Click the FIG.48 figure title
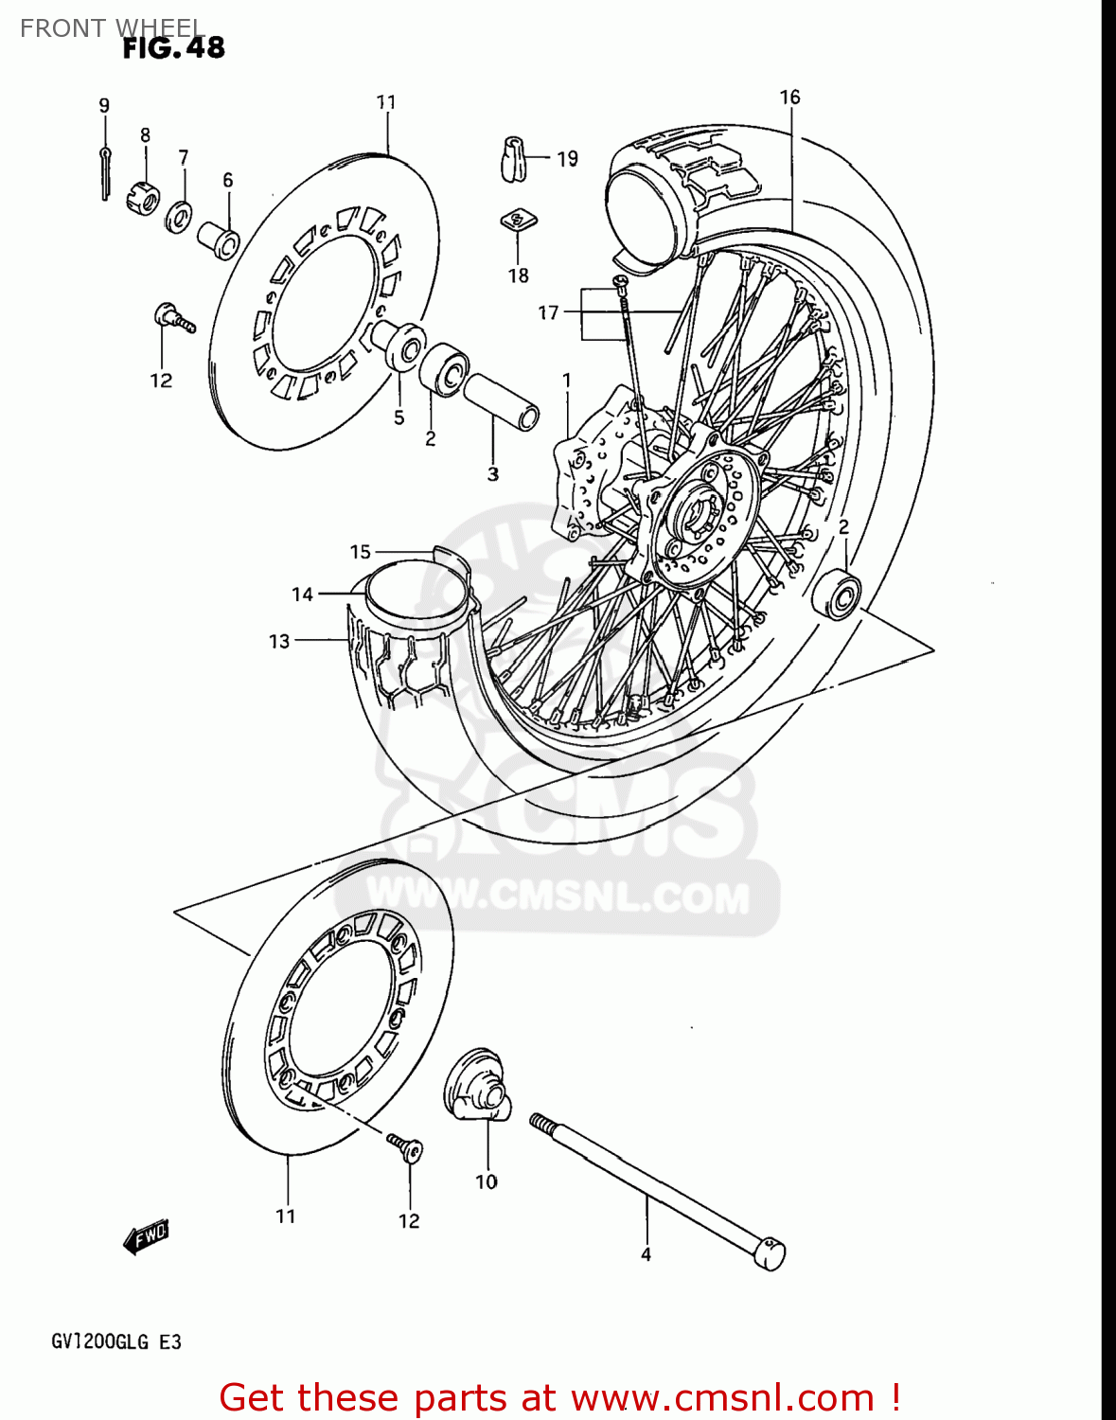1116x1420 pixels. point(173,47)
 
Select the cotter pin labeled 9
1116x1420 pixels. point(105,172)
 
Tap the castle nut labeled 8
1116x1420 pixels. point(142,195)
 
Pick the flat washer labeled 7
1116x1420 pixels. point(178,217)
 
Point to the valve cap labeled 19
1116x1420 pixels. point(513,158)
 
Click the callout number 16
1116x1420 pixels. point(789,97)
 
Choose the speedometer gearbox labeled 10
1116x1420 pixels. point(479,1087)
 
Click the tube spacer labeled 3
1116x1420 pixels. point(502,401)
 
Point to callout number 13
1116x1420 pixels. point(279,641)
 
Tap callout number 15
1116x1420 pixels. point(361,552)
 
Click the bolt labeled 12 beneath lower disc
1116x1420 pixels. point(406,1149)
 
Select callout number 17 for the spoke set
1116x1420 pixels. point(548,312)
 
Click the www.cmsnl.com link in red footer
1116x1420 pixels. point(722,1397)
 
